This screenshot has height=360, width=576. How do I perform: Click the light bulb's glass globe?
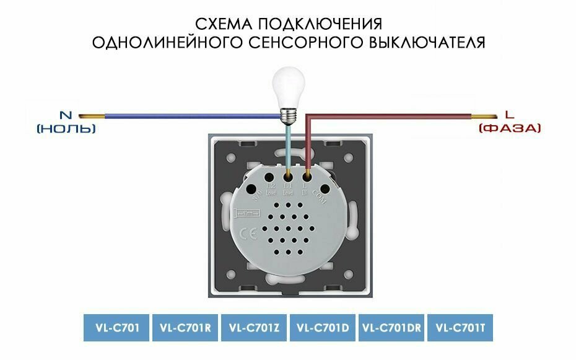288,85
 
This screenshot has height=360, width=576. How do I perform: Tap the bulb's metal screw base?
288,114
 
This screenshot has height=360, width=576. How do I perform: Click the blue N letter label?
66,115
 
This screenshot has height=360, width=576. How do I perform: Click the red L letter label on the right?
509,115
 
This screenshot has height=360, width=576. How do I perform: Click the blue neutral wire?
186,116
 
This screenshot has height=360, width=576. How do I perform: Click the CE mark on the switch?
245,234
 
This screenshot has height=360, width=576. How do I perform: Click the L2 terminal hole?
271,178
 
